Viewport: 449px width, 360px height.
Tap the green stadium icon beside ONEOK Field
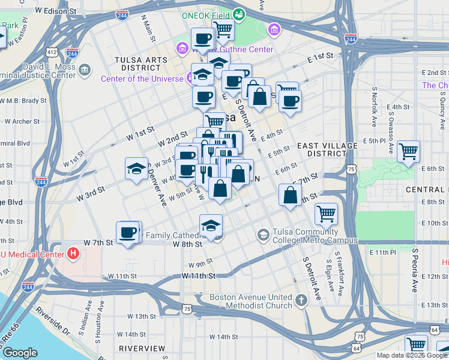point(239,13)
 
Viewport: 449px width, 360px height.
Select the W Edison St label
point(56,11)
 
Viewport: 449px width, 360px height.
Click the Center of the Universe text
point(142,79)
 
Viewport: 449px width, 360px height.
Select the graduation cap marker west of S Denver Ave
point(136,168)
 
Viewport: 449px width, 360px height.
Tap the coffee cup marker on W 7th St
point(127,232)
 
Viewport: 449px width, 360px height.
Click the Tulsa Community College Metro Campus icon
point(263,234)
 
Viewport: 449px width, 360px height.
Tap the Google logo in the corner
point(20,353)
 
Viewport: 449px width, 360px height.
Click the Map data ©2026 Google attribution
point(412,355)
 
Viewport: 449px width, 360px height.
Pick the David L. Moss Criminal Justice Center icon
point(85,70)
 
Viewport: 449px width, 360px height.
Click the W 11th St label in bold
point(198,275)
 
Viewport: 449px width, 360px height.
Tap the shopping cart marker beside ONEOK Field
point(223,28)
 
